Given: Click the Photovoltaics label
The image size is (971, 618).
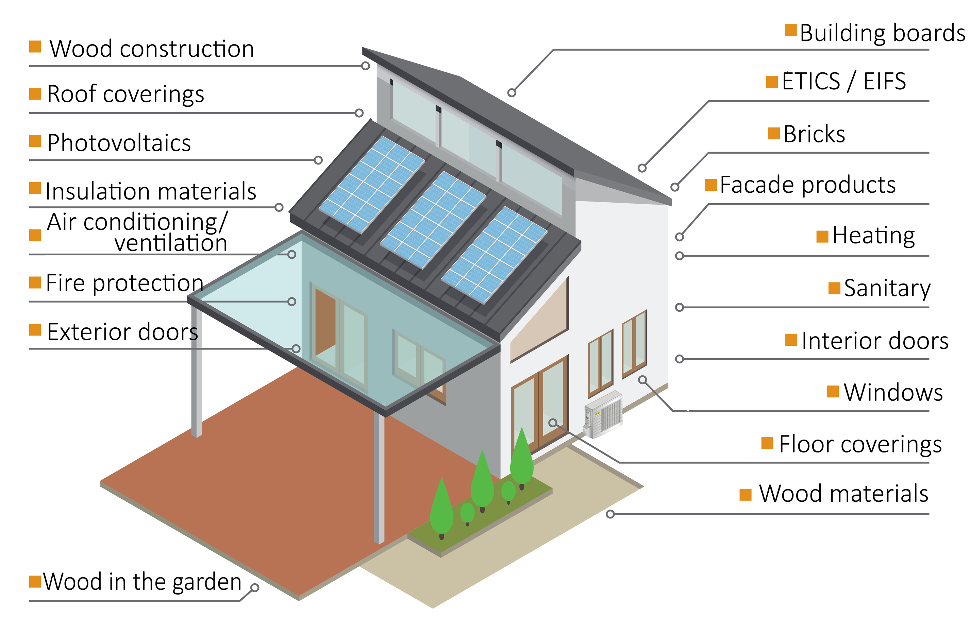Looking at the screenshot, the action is click(x=119, y=143).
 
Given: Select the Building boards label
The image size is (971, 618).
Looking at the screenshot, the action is click(x=882, y=33).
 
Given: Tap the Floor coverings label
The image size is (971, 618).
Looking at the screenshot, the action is click(x=860, y=444).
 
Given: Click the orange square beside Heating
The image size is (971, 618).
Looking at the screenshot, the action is click(x=822, y=237).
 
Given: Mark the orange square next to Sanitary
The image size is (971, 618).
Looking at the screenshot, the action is click(x=834, y=288).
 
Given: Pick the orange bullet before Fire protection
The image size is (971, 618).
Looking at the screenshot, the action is click(x=35, y=282).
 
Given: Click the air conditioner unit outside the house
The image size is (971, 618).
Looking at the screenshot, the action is click(x=604, y=414).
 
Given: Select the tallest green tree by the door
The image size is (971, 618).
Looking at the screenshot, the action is click(x=522, y=458).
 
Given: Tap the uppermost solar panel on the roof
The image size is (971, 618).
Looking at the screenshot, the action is click(x=371, y=185).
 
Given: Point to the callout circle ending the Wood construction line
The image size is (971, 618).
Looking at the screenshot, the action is click(x=365, y=66).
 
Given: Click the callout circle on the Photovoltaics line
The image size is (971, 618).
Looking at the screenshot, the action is click(x=318, y=160).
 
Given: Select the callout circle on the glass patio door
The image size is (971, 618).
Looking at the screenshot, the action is click(x=553, y=423).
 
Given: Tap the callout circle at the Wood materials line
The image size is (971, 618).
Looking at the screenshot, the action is click(x=610, y=514).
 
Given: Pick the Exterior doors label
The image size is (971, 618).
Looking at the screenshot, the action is click(x=122, y=332).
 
